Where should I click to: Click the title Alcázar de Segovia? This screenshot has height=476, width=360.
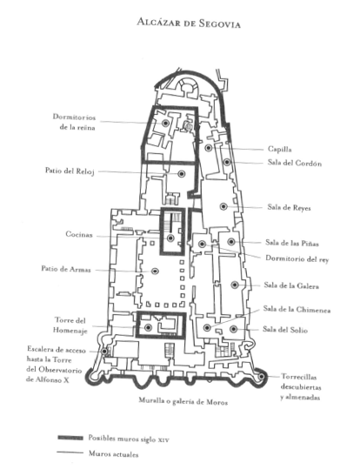point(189,23)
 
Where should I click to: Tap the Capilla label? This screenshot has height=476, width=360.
point(280,149)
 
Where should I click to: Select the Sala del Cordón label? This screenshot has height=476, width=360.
point(295,163)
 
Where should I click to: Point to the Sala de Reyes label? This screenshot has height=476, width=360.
point(289,208)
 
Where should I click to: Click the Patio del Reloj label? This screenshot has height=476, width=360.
point(70,171)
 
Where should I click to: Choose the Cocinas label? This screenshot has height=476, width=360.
point(79,234)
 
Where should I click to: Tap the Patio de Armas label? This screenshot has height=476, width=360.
point(66,269)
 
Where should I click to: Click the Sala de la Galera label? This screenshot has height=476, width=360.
point(291,285)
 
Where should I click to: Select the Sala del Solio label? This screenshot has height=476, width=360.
point(285,330)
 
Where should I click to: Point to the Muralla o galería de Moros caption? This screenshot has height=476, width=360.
point(183,401)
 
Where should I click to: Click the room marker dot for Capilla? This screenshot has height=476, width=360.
point(209,148)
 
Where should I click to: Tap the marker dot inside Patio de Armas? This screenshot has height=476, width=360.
point(155,272)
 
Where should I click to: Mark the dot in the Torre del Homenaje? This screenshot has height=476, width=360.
point(149,327)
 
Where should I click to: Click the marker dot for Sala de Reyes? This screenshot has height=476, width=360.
point(223,206)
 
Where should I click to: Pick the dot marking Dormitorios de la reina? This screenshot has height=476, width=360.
point(165,123)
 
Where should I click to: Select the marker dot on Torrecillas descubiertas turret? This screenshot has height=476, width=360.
point(261,377)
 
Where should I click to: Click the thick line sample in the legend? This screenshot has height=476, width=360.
point(70,438)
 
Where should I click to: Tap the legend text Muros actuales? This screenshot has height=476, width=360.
point(113,454)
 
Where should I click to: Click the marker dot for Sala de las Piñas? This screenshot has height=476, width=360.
point(231,242)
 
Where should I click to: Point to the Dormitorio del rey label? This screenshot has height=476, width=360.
point(297,258)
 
